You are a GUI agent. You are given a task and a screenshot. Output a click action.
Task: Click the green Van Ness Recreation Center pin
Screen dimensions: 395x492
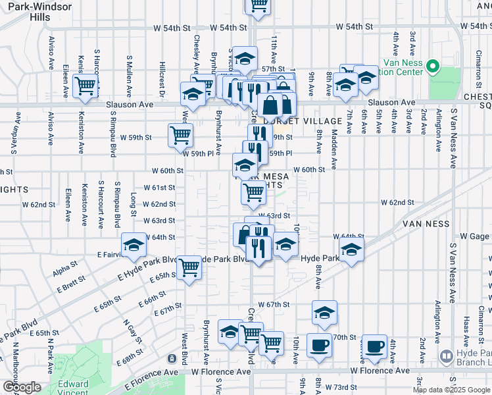[433, 66]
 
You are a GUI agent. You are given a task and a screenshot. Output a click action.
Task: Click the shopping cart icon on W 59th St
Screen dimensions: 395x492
[180, 136]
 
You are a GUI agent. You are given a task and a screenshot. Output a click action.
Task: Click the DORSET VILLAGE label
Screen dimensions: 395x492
[290, 121]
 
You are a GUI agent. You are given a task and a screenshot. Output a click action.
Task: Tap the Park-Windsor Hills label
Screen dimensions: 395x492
[35, 11]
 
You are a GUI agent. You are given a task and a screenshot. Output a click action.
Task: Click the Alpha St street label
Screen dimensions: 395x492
[64, 269]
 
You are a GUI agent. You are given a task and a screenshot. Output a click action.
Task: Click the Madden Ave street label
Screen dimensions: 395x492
[334, 150]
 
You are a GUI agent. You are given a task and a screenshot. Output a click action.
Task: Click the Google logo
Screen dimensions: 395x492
[22, 387]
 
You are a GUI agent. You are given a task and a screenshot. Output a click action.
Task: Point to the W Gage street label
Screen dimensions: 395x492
[472, 236]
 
